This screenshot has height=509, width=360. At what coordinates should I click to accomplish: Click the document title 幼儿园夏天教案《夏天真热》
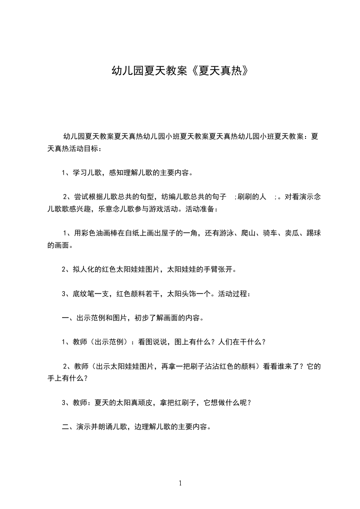(180, 71)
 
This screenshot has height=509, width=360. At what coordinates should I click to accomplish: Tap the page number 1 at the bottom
(180, 483)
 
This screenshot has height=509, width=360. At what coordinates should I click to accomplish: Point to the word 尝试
(80, 197)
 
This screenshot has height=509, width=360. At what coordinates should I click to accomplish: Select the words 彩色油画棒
(102, 233)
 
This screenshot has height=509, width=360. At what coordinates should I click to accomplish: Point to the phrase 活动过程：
(234, 294)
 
